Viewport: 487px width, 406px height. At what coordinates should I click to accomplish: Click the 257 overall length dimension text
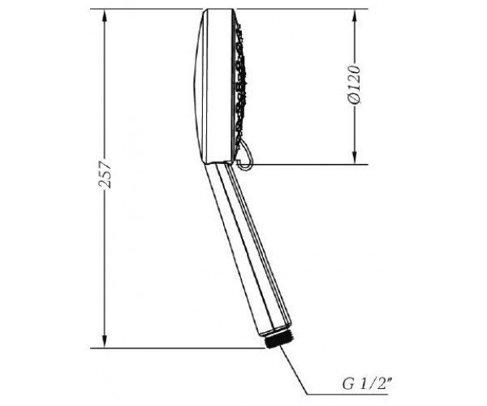click(105, 174)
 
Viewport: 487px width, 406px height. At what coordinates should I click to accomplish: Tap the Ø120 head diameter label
click(354, 84)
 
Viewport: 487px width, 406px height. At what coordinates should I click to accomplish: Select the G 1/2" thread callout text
click(366, 384)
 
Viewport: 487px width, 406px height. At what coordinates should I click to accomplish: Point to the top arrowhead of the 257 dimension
click(105, 15)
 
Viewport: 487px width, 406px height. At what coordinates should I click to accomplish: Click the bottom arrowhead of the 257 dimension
click(105, 342)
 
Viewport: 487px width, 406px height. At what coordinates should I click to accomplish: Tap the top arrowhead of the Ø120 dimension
click(355, 15)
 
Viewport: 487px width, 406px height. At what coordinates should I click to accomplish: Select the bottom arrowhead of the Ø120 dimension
click(355, 158)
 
